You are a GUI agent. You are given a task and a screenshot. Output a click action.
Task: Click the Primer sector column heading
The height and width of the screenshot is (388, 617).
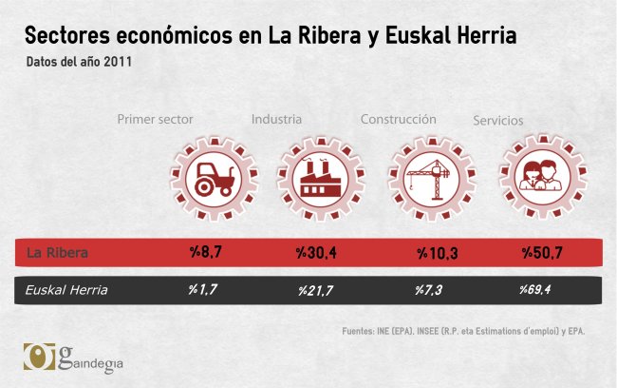pyautogui.click(x=155, y=120)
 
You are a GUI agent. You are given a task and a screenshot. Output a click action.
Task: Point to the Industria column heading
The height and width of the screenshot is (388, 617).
pyautogui.click(x=276, y=120)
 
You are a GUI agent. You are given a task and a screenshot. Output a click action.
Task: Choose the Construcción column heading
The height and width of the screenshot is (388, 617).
pyautogui.click(x=398, y=120)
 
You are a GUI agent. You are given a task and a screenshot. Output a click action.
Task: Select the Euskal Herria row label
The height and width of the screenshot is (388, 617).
pyautogui.click(x=65, y=290)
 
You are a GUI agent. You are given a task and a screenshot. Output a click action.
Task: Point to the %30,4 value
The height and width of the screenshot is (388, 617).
pyautogui.click(x=317, y=253)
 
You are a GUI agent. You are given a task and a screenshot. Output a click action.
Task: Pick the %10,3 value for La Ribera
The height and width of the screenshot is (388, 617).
pyautogui.click(x=437, y=253)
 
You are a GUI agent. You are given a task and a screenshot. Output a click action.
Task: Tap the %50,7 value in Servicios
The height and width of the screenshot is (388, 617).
pyautogui.click(x=541, y=253)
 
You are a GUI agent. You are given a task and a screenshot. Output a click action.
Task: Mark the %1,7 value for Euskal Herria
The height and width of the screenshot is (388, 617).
pyautogui.click(x=202, y=290)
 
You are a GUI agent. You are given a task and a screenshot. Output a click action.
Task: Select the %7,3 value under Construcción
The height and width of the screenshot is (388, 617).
pyautogui.click(x=429, y=290)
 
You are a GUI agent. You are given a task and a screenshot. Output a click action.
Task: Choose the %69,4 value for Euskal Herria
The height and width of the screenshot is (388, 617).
pyautogui.click(x=537, y=290)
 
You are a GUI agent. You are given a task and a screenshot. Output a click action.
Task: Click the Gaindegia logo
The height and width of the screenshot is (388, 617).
pyautogui.click(x=74, y=358)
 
